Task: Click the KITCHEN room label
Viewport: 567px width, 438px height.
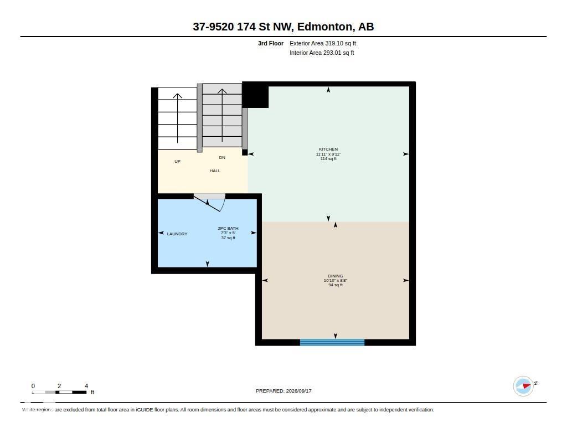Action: click(328, 149)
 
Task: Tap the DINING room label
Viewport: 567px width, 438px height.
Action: click(335, 276)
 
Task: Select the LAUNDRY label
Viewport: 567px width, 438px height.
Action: click(177, 234)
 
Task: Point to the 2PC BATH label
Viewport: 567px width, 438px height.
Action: click(228, 228)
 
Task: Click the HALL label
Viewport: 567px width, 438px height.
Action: click(215, 171)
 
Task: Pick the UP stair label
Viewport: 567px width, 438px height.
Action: click(178, 161)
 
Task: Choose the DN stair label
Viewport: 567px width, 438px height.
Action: click(222, 157)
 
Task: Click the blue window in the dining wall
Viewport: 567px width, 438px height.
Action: click(332, 342)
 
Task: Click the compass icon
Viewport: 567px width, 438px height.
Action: click(523, 386)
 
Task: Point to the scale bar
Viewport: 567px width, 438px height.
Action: click(59, 392)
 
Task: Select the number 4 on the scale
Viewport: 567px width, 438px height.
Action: click(86, 386)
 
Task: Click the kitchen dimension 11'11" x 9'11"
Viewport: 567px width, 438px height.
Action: click(328, 154)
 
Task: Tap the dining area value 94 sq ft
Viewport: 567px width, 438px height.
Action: click(335, 285)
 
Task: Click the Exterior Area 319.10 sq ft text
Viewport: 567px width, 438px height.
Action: click(323, 43)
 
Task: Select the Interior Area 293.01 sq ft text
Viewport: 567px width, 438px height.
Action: click(322, 53)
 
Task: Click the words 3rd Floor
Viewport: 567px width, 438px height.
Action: click(270, 43)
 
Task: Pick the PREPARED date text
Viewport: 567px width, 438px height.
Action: click(283, 390)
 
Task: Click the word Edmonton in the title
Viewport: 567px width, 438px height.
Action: click(324, 27)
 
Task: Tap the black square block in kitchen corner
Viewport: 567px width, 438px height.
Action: click(255, 95)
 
